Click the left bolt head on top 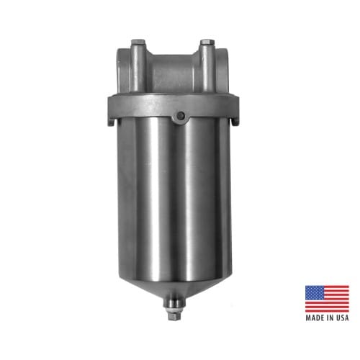click(x=138, y=42)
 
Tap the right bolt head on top click(x=207, y=42)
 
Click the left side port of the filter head click(x=124, y=71)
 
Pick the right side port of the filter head click(x=222, y=71)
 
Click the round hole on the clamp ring click(x=180, y=116)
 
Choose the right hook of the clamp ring click(x=235, y=120)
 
